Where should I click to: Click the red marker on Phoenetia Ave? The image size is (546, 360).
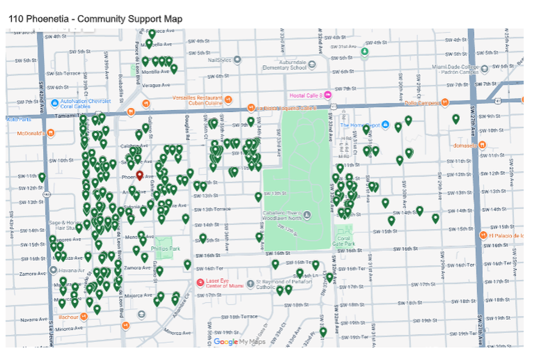pos(139,175)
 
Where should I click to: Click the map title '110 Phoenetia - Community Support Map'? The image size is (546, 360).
pos(95,19)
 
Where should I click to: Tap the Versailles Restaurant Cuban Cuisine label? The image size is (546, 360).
pos(198,100)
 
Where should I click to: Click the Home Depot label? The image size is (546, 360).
pos(360,125)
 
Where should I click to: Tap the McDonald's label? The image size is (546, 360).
pos(32,133)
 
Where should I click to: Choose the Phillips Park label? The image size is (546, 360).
pos(165,249)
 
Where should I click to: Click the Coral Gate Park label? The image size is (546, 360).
pos(343,241)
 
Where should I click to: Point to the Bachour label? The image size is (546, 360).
pos(68,317)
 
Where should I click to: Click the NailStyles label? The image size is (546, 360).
pos(219,60)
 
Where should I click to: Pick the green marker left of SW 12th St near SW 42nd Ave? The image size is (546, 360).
pos(42,177)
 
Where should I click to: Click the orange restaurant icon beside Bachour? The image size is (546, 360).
pos(84,316)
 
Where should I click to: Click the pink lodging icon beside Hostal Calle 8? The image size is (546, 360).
pos(328,95)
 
